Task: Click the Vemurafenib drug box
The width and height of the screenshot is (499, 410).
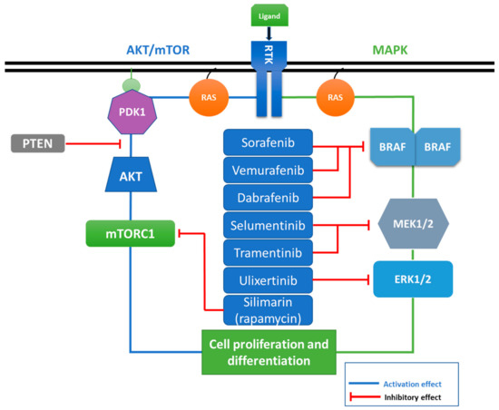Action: click(x=269, y=170)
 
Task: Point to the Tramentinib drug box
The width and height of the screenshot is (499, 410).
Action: click(x=269, y=250)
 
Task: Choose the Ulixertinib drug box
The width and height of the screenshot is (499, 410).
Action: click(x=269, y=278)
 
